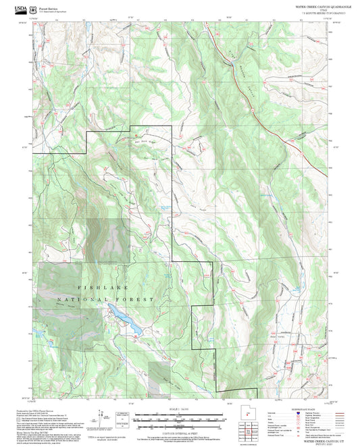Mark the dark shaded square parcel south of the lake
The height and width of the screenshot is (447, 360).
[159, 375]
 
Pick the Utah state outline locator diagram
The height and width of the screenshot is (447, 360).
[249, 416]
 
